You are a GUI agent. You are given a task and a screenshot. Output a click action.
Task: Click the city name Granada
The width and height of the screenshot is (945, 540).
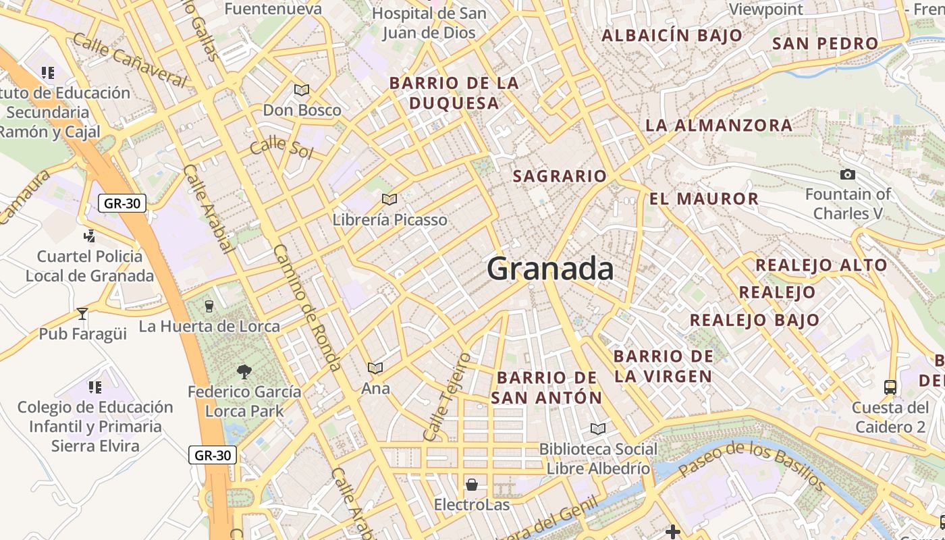(x=550, y=269)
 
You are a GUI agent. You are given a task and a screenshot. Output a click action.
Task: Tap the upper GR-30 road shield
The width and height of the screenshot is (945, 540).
(x=122, y=203)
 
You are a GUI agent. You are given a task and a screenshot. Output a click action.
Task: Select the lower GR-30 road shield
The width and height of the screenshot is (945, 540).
(x=213, y=455)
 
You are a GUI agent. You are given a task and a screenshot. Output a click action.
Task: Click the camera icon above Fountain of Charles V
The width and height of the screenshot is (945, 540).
(x=848, y=175)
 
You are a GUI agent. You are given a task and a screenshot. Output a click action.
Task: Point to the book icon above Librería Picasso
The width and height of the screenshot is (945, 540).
(x=389, y=199)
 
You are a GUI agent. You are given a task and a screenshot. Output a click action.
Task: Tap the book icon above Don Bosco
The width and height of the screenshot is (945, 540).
(x=302, y=90)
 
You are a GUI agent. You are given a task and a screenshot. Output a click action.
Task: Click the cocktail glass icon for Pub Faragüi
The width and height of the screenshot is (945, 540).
(x=82, y=314)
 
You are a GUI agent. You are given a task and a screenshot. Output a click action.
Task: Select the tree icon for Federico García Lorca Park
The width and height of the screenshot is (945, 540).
(x=244, y=371)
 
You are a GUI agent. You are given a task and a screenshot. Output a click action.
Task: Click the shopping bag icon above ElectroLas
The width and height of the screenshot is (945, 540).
(x=472, y=485)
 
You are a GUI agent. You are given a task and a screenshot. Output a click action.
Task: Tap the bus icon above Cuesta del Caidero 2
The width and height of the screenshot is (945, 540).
(x=890, y=387)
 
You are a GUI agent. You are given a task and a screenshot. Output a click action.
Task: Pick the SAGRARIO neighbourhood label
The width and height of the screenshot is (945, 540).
(x=560, y=176)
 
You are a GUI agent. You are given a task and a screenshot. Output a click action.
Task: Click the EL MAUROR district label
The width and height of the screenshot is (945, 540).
(x=704, y=199)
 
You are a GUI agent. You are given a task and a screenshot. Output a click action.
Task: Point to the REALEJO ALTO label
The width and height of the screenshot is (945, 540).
(x=821, y=265)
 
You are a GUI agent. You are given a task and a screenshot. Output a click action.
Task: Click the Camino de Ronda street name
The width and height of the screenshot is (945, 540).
(x=306, y=307)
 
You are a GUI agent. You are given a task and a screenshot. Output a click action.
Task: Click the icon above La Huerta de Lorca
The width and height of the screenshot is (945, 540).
(x=209, y=306)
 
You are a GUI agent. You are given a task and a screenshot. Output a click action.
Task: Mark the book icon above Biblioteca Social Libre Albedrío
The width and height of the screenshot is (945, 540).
(x=597, y=429)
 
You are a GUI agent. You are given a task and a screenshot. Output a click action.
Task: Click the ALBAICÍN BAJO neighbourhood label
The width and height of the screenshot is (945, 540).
(x=672, y=35)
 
